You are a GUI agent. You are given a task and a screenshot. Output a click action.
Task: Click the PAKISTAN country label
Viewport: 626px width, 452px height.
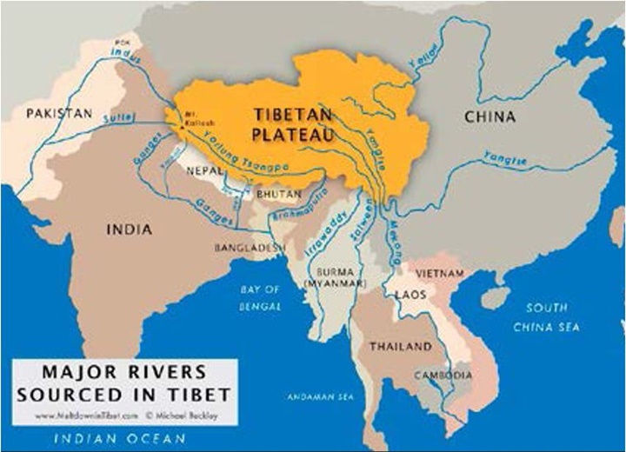[59, 114]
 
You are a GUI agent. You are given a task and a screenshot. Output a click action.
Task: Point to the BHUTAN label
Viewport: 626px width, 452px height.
[277, 194]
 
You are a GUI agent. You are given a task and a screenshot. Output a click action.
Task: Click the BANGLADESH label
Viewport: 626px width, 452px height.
[250, 249]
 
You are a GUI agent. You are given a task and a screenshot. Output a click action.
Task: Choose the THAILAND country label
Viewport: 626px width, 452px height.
[400, 346]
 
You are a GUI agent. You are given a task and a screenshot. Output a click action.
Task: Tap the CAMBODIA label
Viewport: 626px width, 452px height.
[443, 375]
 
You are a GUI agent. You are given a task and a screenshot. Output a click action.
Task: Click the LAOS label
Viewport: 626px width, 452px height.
[410, 295]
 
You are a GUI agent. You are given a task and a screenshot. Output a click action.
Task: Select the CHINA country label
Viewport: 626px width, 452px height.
[489, 116]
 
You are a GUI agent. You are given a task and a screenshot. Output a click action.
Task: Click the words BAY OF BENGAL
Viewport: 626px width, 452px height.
[261, 297]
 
